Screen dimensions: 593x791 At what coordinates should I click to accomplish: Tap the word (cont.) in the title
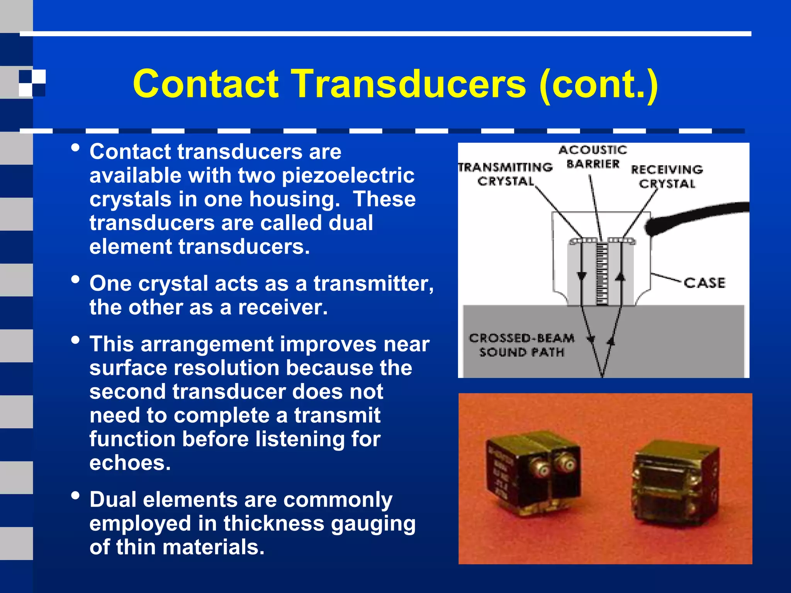point(599,84)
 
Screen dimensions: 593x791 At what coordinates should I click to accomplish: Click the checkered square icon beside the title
point(32,83)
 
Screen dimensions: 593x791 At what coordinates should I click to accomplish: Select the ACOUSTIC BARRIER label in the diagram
point(593,157)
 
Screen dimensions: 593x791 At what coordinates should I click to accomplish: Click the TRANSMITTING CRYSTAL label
point(506,174)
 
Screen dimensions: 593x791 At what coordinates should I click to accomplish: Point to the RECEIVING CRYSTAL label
point(667,176)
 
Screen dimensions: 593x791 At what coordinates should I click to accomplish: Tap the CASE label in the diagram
point(704,283)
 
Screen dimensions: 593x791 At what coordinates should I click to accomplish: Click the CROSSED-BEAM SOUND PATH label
point(521,345)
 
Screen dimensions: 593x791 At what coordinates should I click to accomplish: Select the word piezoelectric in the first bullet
point(348,176)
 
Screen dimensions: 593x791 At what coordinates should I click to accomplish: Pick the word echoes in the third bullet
point(130,463)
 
